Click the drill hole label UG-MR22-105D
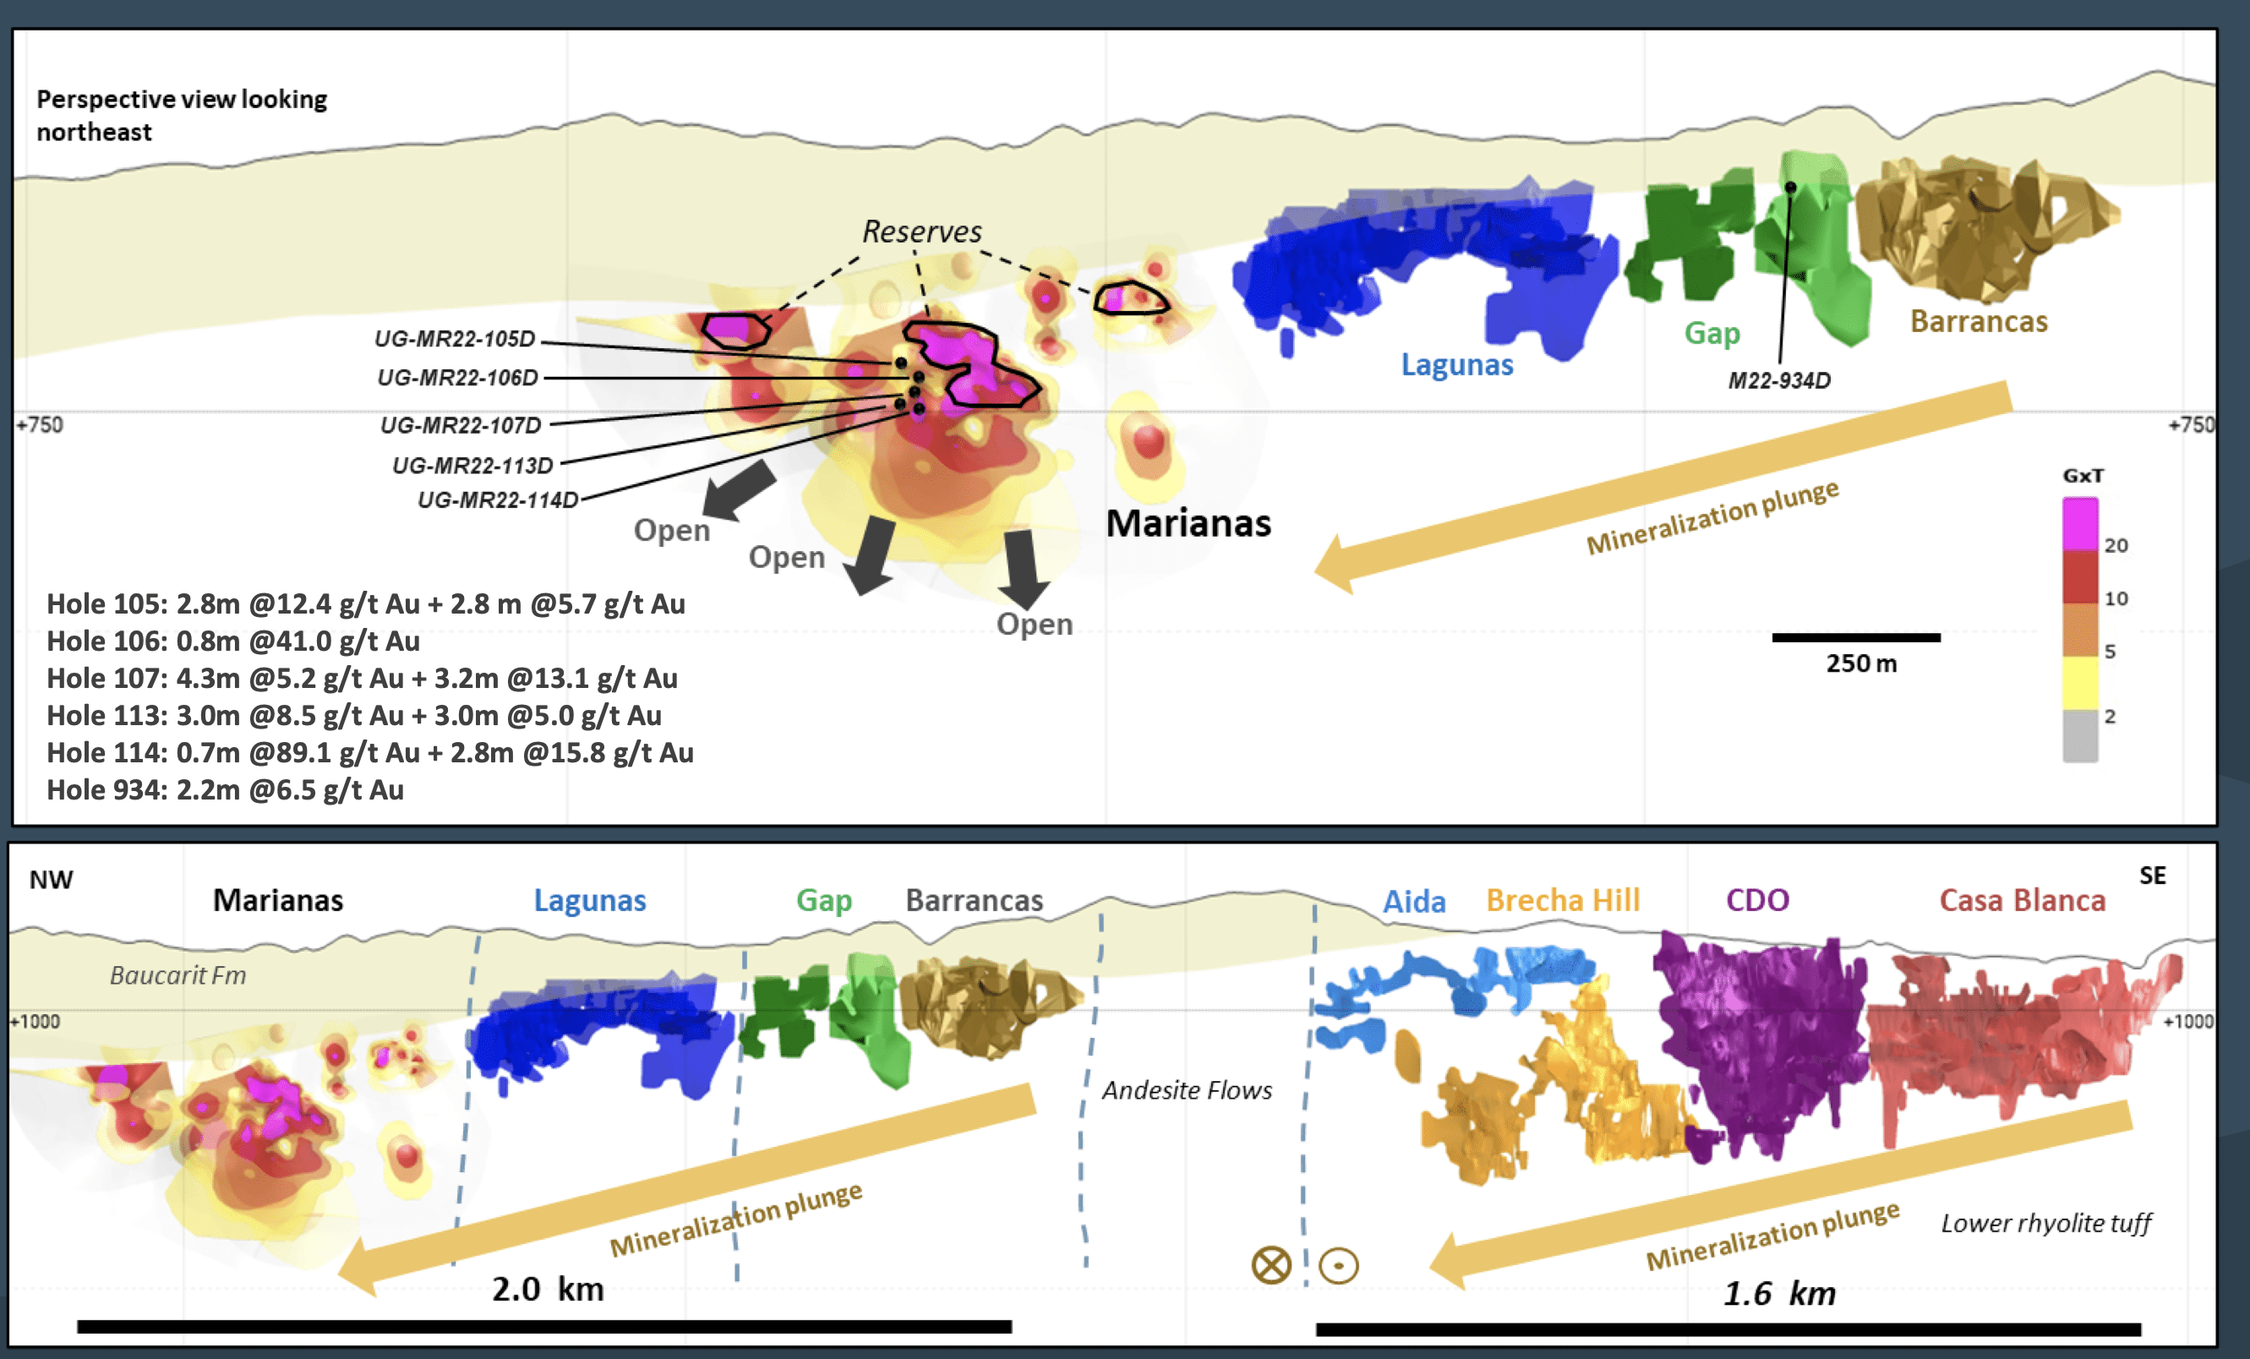coord(455,339)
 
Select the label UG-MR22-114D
coord(498,499)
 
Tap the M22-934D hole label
coord(1779,381)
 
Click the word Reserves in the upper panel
coord(922,232)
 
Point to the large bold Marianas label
coord(1188,523)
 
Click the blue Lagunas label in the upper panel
coord(1457,364)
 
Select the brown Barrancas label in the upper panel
coord(1979,321)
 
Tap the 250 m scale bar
coord(1855,637)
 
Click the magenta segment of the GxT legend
coord(2080,524)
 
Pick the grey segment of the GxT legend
coord(2080,735)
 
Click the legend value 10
coord(2116,599)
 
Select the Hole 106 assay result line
coord(232,641)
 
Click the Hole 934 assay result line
coord(225,790)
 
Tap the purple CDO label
coord(1757,901)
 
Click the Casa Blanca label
coord(2023,901)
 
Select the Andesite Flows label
coord(1186,1090)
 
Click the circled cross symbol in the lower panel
coord(1271,1265)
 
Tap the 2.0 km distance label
coord(548,1290)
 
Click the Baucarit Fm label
coord(178,975)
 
